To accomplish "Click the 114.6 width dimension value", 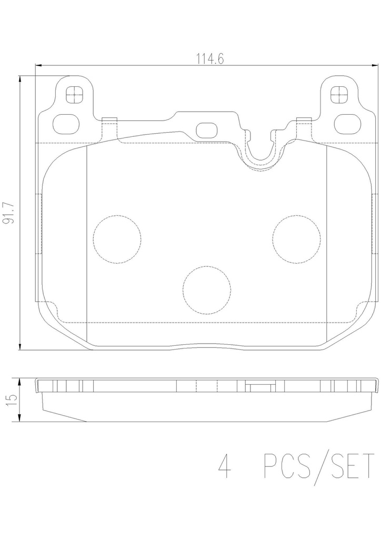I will coord(210,59).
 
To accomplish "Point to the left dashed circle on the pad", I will coord(117,239).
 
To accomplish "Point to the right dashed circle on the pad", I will coord(296,239).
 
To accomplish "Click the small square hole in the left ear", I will coord(74,95).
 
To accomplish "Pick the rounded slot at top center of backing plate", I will coord(207,130).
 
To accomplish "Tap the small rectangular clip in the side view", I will coord(257,388).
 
